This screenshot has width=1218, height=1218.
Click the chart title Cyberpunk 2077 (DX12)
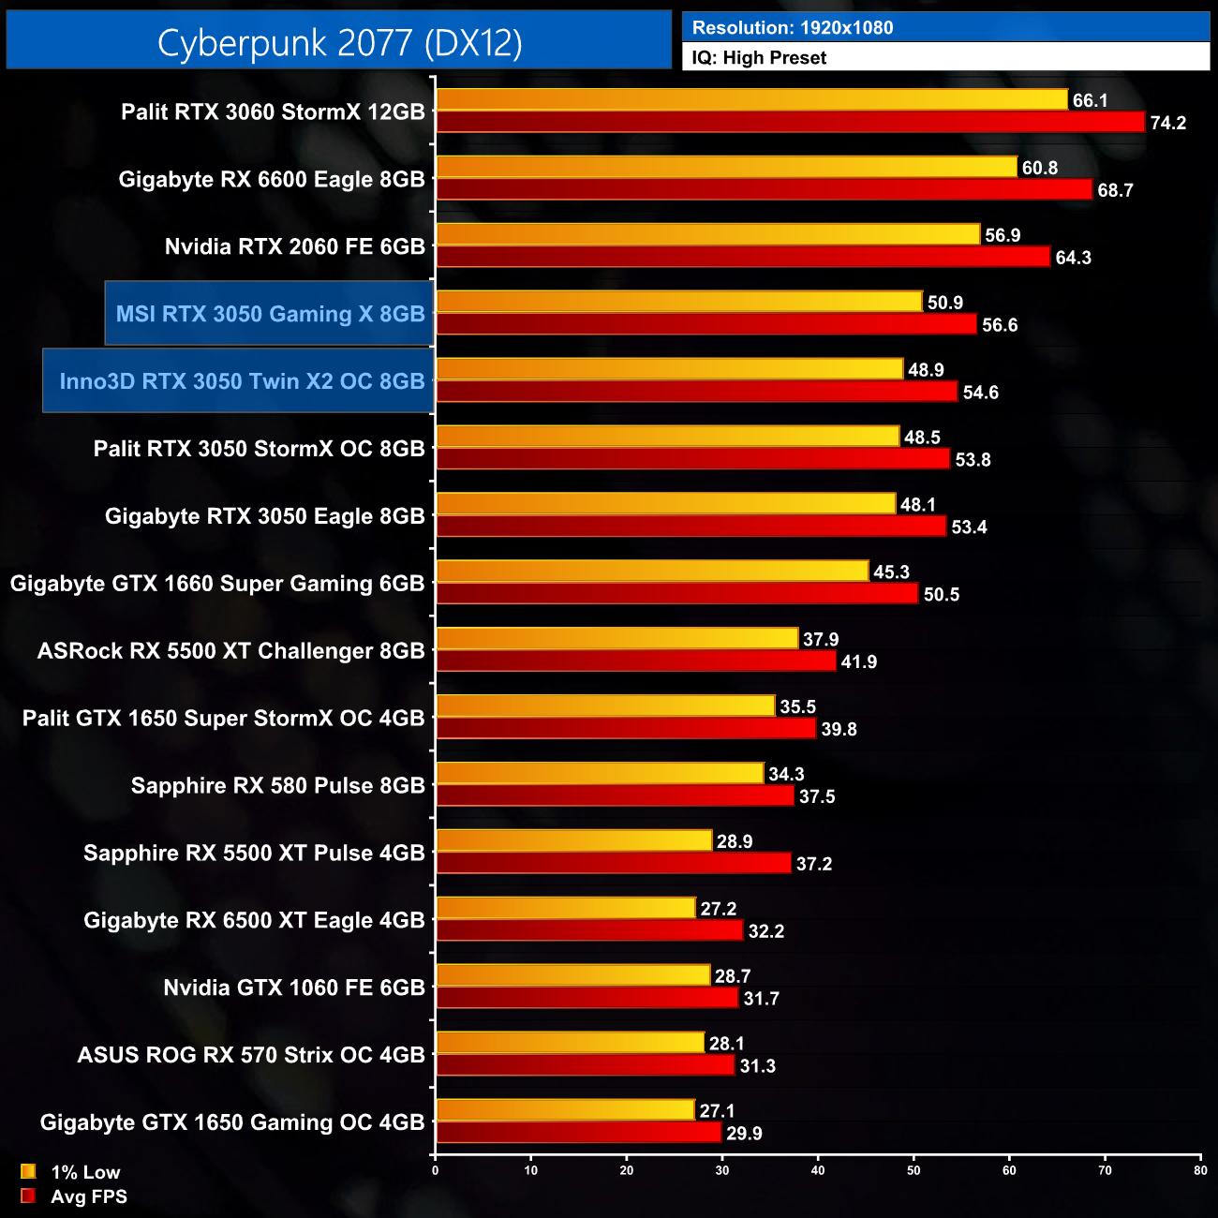[339, 42]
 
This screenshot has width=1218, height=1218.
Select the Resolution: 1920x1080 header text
[792, 28]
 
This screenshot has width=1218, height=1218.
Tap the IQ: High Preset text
[759, 58]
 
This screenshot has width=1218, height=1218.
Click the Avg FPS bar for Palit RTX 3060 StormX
[790, 122]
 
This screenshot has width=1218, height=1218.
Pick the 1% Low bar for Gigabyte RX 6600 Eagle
[726, 167]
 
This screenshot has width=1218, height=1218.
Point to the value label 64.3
[1073, 258]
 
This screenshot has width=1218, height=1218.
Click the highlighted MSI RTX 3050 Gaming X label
[270, 314]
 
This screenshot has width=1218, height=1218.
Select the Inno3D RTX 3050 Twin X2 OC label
[242, 381]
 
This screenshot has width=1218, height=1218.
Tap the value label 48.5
[922, 438]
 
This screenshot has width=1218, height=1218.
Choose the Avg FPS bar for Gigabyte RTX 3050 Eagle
[691, 527]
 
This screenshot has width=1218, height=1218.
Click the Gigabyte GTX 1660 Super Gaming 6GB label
[217, 584]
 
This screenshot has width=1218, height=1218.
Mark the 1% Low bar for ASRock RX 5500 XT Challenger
[616, 639]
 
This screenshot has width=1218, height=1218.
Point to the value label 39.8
[839, 729]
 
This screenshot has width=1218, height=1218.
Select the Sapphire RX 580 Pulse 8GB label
[277, 786]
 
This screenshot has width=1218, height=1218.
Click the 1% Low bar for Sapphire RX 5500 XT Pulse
[573, 840]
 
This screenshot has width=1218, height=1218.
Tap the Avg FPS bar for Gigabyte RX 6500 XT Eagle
[588, 930]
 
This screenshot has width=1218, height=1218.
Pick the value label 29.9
[744, 1134]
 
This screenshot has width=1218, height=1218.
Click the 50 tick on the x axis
[913, 1170]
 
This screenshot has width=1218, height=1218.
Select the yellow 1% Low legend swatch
[28, 1171]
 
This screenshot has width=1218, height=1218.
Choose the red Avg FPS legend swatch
[28, 1196]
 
